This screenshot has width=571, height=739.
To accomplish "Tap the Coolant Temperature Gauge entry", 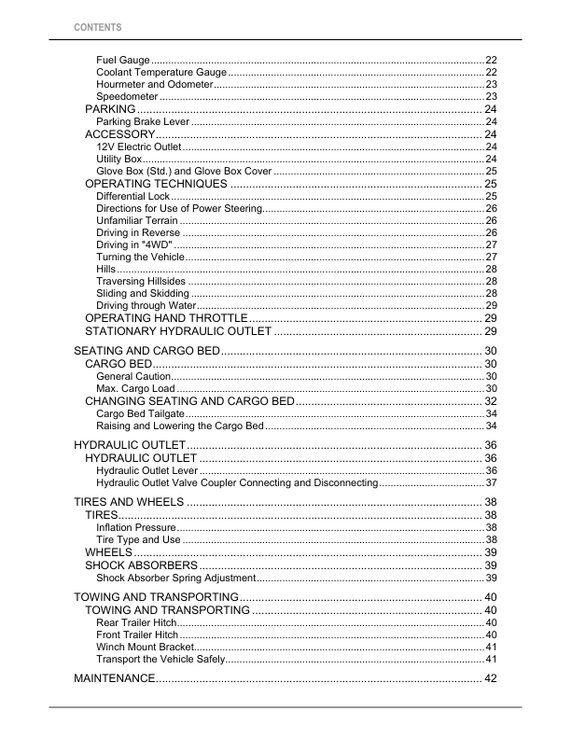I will coord(161,72).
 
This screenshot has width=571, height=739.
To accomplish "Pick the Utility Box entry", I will coord(119,160).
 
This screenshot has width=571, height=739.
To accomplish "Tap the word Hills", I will coord(106,269).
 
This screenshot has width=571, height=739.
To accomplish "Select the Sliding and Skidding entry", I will coord(143,294).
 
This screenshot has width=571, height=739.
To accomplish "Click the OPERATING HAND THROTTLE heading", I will coord(166,319).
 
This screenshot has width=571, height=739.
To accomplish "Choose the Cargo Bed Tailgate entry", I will coord(141,413).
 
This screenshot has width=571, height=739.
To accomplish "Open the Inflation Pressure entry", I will coord(136,528).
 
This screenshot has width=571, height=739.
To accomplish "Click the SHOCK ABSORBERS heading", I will coord(141,565).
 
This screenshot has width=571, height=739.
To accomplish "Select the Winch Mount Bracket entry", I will coord(145,647).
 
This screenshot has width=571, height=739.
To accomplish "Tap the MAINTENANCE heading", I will coord(114,677).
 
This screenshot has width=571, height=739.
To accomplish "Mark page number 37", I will coord(491,483).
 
